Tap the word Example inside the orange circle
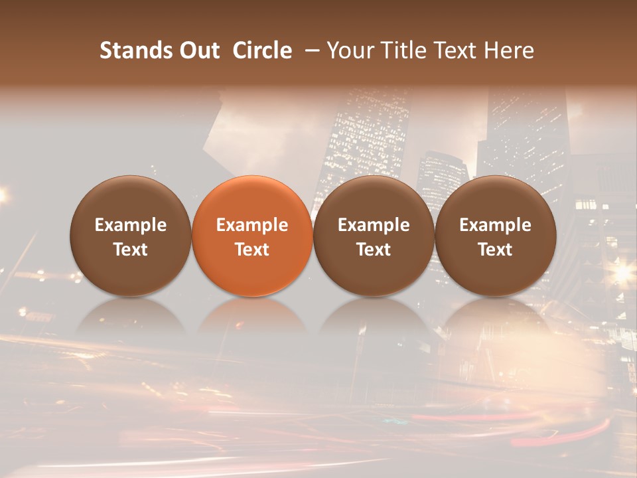[252, 225]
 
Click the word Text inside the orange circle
[252, 250]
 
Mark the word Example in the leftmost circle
[131, 225]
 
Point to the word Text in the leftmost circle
[131, 250]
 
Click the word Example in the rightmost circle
[495, 225]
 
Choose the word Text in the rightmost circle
[495, 250]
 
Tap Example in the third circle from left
[374, 225]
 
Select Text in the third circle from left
[374, 250]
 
